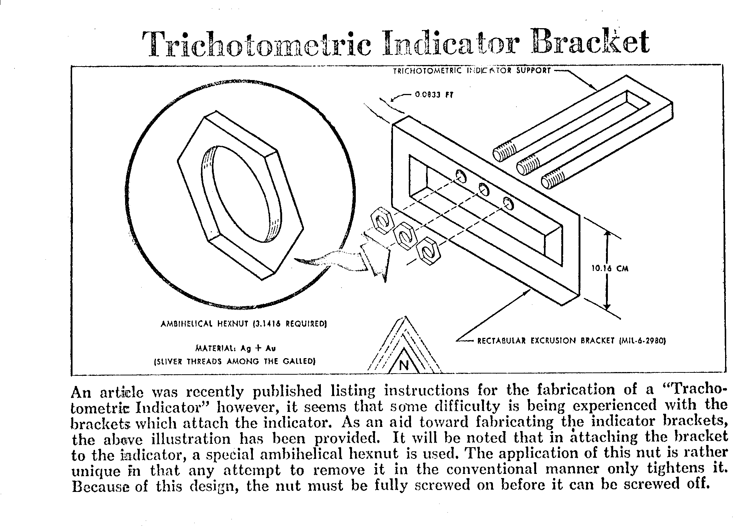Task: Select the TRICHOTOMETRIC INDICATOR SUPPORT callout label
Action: [x=471, y=70]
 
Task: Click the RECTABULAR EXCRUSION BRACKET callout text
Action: [x=571, y=341]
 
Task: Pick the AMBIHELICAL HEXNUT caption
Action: [x=243, y=324]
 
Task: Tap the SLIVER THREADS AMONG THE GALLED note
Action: [x=235, y=362]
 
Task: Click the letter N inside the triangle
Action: [x=404, y=365]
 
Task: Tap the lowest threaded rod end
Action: [x=552, y=181]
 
